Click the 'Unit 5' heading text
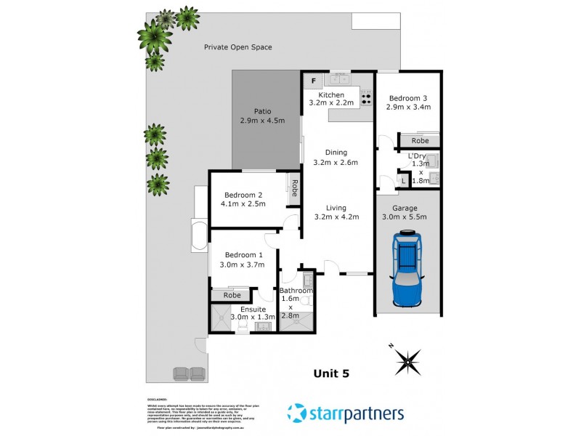(x=331, y=374)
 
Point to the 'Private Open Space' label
(x=237, y=47)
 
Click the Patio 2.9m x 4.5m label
(x=262, y=116)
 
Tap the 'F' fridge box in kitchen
(x=313, y=81)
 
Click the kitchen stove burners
(x=367, y=97)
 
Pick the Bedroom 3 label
(x=409, y=98)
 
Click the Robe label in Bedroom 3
(x=419, y=140)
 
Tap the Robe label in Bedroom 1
(x=232, y=295)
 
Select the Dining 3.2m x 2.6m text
(x=336, y=157)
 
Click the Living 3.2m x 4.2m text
(x=336, y=211)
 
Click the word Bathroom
(x=296, y=291)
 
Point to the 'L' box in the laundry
(x=403, y=180)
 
